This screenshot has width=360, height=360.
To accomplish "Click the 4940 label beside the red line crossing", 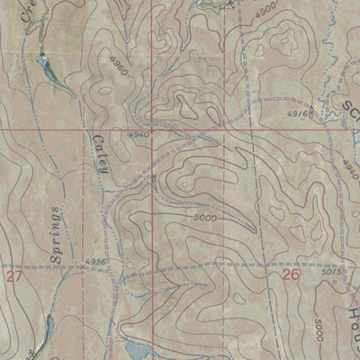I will point(138,134).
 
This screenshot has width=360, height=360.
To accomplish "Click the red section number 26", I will point(289,277).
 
